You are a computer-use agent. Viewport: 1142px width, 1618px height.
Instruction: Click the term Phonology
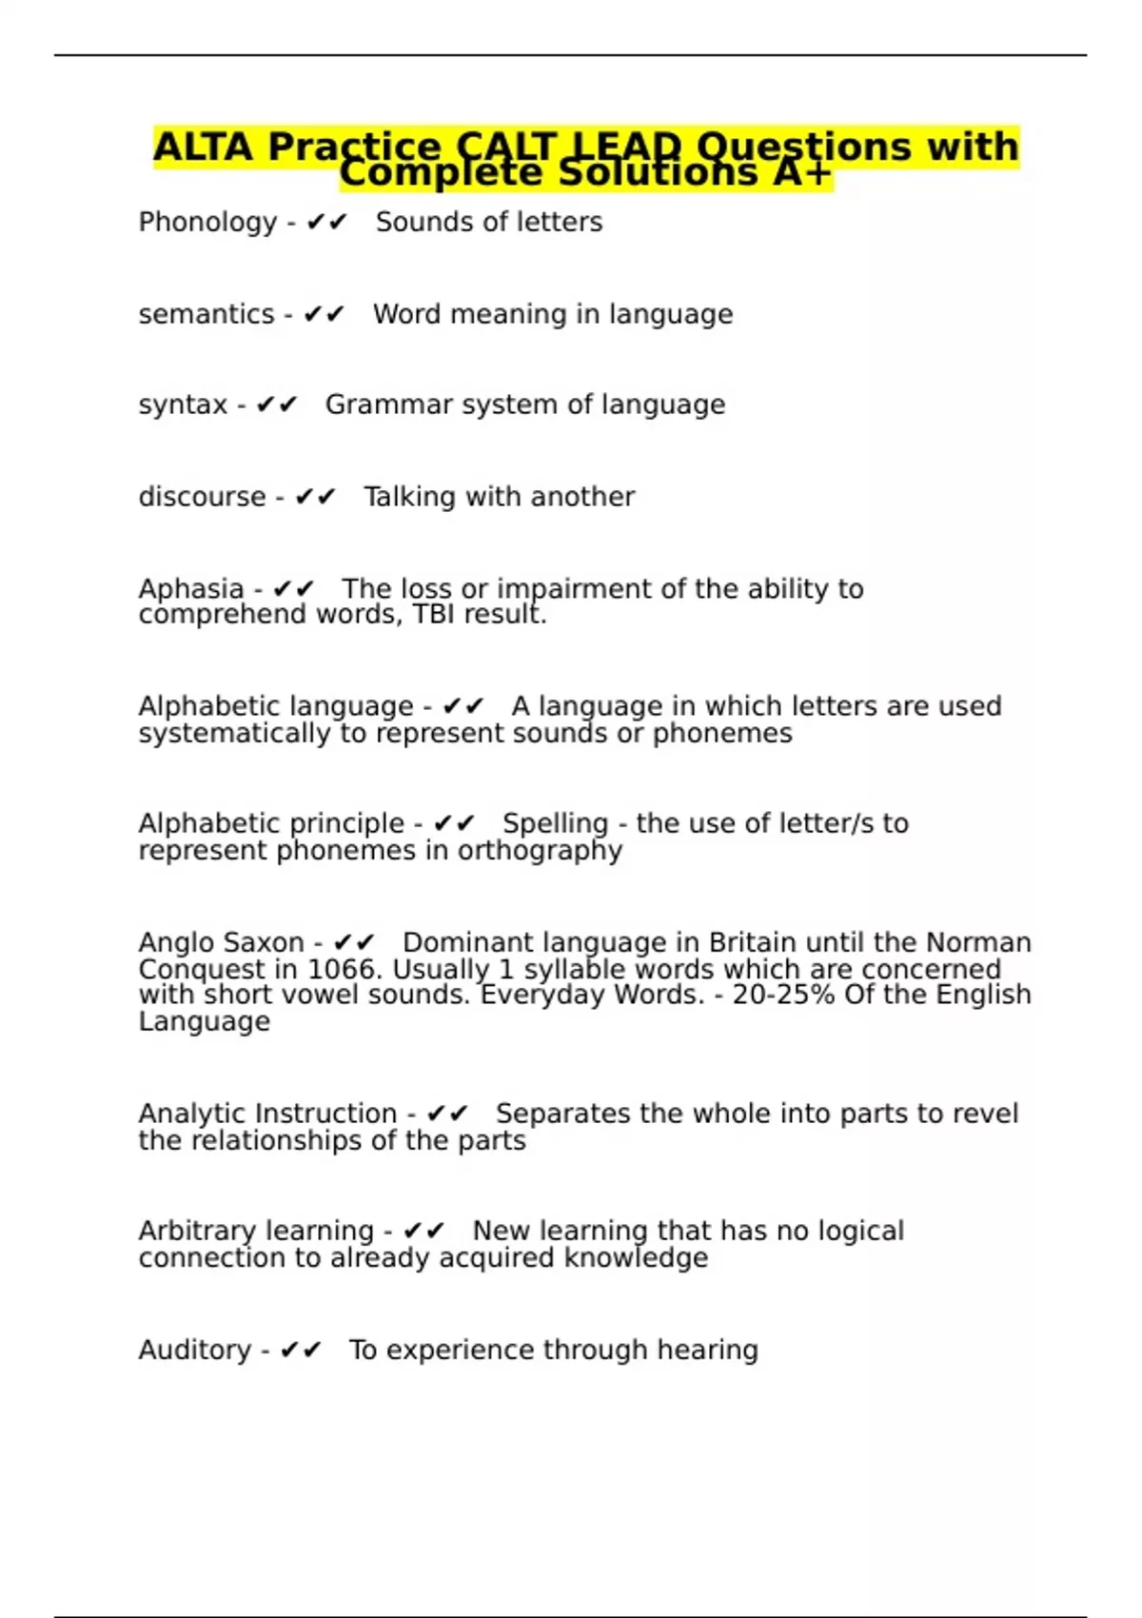[x=207, y=223]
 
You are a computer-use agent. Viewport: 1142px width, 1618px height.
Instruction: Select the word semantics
[x=206, y=314]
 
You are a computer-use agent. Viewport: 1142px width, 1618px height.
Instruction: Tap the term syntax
[x=183, y=405]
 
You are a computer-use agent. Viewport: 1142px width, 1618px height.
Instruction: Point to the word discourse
[x=202, y=497]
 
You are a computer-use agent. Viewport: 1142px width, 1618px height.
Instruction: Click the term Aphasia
[x=191, y=589]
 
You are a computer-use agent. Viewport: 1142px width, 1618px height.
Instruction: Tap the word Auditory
[x=195, y=1351]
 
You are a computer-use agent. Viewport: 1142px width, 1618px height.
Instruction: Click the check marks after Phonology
[x=327, y=223]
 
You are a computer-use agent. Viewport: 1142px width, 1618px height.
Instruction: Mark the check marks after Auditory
[x=302, y=1351]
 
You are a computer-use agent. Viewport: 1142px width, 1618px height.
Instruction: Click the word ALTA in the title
[x=203, y=148]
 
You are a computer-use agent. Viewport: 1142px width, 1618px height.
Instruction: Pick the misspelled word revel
[x=983, y=1114]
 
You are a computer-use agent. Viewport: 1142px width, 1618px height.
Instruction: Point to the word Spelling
[x=555, y=823]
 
